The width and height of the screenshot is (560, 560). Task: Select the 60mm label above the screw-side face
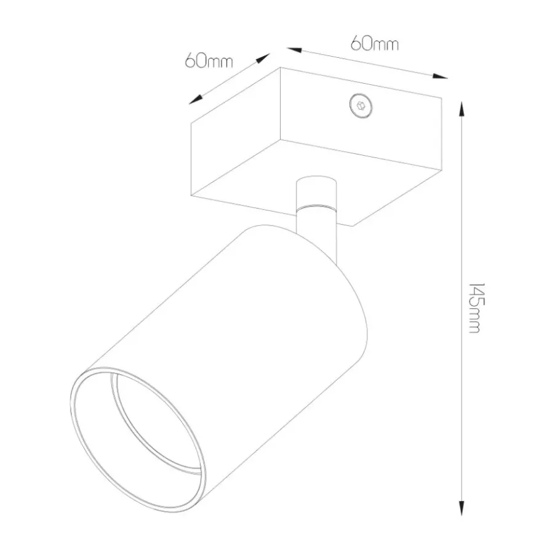(x=374, y=44)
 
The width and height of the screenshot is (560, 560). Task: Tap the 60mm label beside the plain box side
(x=209, y=61)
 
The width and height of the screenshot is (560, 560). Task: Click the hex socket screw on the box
(x=361, y=106)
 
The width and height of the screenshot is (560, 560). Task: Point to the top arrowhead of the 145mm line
(x=462, y=108)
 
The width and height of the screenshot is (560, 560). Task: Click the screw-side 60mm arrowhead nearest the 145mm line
(x=439, y=76)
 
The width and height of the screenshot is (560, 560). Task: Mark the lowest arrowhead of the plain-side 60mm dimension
(x=196, y=100)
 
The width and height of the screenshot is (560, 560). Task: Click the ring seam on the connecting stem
(x=316, y=207)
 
